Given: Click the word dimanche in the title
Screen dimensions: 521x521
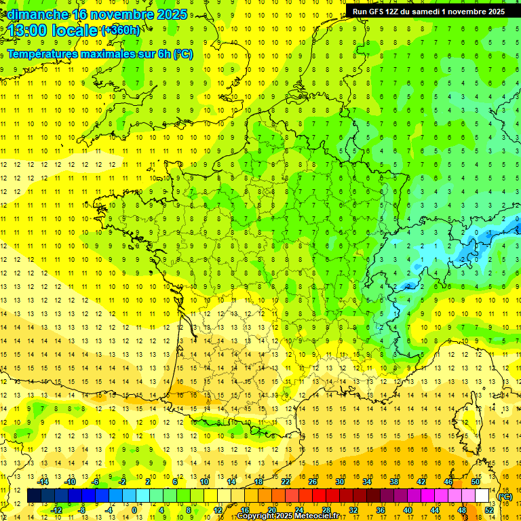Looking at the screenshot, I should (x=37, y=14).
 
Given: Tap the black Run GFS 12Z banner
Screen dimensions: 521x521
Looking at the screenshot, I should (x=429, y=12).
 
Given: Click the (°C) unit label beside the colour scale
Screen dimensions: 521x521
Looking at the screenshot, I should (x=505, y=497).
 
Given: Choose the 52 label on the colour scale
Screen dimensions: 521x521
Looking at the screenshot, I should (x=489, y=510).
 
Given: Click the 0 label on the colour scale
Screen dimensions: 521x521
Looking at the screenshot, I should (x=134, y=510).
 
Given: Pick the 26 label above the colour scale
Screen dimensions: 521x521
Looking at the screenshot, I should (x=312, y=482).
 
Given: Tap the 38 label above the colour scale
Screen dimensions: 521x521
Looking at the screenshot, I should (x=393, y=482).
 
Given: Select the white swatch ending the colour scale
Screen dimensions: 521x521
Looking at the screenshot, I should (x=482, y=496).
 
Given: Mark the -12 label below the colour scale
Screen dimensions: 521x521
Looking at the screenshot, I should (x=56, y=510).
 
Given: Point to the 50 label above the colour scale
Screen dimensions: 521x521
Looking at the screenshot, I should (x=475, y=482).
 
